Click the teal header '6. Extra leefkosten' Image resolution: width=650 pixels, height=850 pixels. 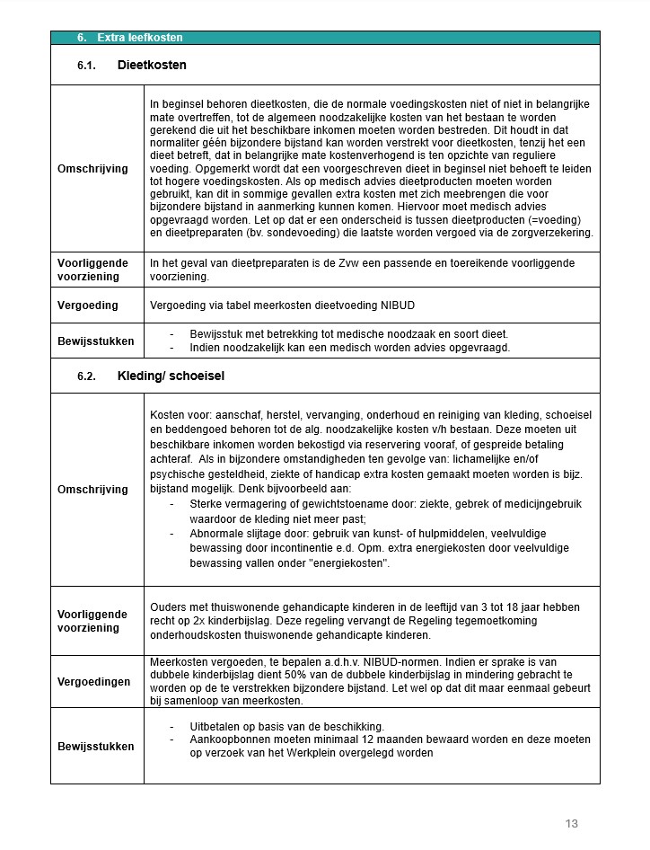(x=130, y=38)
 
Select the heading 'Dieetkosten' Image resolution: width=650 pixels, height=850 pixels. (x=152, y=66)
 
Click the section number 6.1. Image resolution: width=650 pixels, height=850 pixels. (x=87, y=66)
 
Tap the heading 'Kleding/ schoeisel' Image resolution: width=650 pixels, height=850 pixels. (x=171, y=376)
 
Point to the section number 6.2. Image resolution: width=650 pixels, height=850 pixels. (x=87, y=376)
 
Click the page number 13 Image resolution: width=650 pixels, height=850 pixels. (x=572, y=823)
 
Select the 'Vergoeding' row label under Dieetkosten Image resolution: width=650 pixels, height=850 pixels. (x=88, y=305)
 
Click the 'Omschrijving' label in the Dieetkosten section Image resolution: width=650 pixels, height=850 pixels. (x=92, y=169)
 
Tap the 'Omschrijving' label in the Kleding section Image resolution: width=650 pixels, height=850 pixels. (x=92, y=490)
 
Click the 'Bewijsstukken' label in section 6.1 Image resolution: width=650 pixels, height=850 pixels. (x=96, y=341)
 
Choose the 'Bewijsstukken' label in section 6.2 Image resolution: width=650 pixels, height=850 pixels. (x=96, y=747)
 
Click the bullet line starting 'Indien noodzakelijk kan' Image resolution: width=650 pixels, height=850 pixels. (x=350, y=348)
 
